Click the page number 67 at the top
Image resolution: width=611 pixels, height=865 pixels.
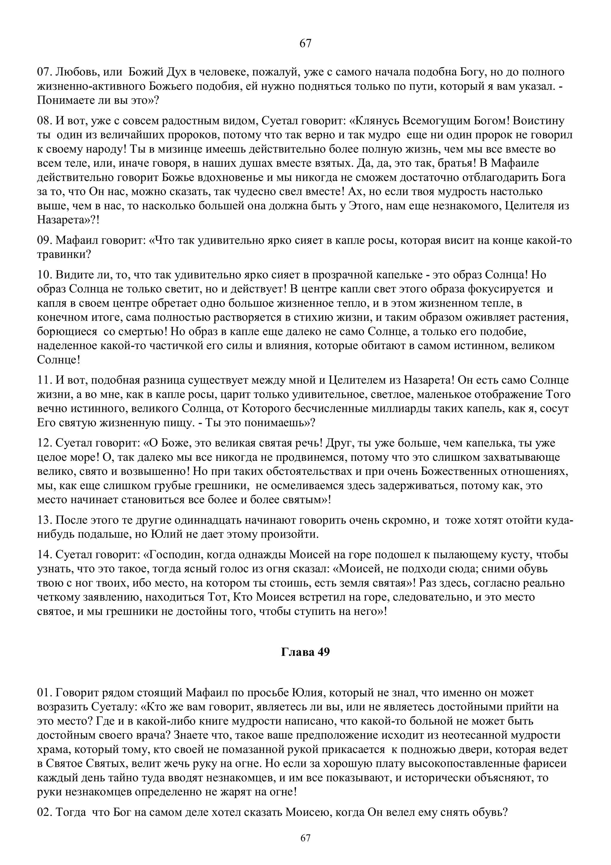(305, 44)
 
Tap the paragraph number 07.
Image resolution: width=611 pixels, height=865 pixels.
(45, 72)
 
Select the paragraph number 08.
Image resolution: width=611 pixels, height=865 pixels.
(45, 121)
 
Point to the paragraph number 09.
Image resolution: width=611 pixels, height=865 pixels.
(45, 240)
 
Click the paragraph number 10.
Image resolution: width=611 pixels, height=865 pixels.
(45, 275)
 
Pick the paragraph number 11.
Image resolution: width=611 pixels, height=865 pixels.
(45, 381)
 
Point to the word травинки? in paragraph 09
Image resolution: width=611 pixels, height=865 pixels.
(64, 255)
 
